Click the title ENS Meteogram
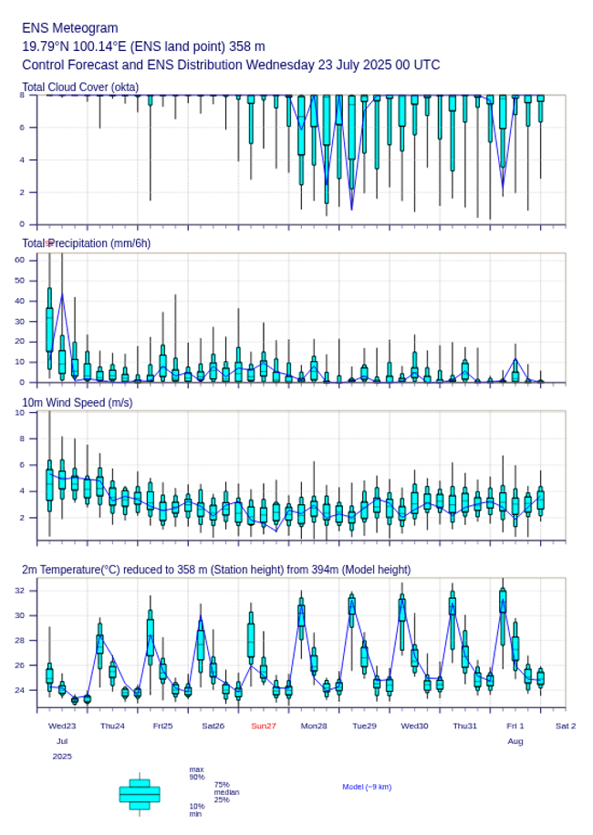69,28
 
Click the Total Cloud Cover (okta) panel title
80,87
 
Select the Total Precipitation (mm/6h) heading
87,243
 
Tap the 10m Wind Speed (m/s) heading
77,402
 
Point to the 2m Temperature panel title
215,570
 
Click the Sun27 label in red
264,726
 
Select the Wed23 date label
62,726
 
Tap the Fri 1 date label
515,726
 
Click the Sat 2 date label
566,726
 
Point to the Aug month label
515,741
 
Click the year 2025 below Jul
62,756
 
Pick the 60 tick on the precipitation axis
20,260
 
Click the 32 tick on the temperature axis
20,591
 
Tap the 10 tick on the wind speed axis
20,413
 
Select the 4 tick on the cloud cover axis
21,160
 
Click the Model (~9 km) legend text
367,787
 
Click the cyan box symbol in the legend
140,794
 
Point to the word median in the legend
226,792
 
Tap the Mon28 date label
314,726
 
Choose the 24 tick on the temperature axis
20,690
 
